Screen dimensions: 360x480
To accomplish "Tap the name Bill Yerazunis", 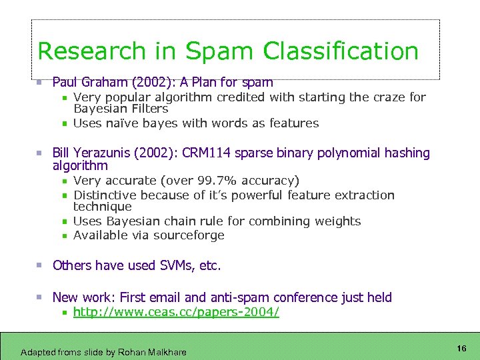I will tap(91, 153).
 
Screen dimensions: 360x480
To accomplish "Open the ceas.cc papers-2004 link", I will tap(176, 312).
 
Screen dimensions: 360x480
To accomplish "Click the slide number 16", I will tap(461, 349).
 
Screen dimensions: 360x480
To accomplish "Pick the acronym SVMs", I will tap(177, 265).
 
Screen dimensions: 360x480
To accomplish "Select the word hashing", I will tap(407, 153).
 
